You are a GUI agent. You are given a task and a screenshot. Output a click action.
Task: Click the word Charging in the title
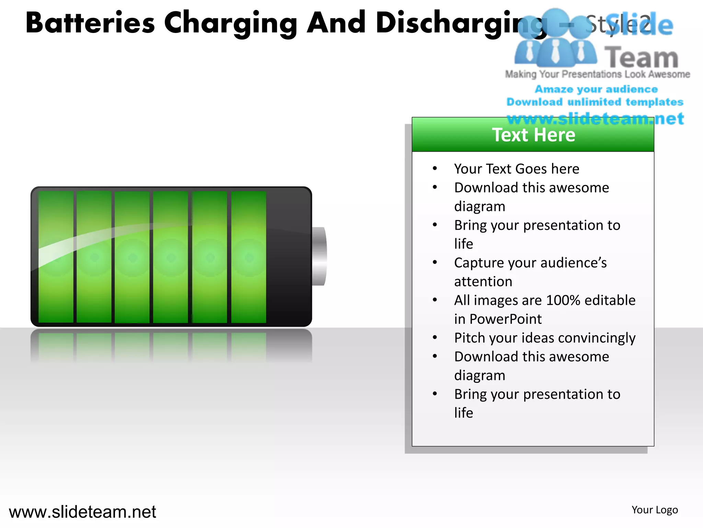pyautogui.click(x=230, y=23)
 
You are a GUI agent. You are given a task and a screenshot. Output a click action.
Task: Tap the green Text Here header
pyautogui.click(x=533, y=135)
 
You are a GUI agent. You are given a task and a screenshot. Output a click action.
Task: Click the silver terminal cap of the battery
pyautogui.click(x=319, y=256)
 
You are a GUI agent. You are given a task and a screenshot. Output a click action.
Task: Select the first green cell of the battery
pyautogui.click(x=56, y=257)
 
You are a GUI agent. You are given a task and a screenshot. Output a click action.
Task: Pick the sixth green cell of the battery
pyautogui.click(x=249, y=257)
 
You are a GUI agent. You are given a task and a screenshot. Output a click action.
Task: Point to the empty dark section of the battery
pyautogui.click(x=288, y=257)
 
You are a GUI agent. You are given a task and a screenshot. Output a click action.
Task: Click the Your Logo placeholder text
pyautogui.click(x=655, y=510)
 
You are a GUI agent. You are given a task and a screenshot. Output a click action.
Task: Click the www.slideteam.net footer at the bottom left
pyautogui.click(x=82, y=512)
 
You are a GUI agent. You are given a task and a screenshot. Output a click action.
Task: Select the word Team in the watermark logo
pyautogui.click(x=641, y=57)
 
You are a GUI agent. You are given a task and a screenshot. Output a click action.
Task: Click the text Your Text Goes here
pyautogui.click(x=517, y=169)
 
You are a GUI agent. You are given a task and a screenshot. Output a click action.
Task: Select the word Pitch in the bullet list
pyautogui.click(x=470, y=338)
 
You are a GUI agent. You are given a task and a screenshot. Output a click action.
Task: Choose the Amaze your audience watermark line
pyautogui.click(x=596, y=89)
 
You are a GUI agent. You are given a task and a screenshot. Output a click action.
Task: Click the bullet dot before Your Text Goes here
pyautogui.click(x=435, y=168)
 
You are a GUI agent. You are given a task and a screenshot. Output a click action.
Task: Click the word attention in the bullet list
pyautogui.click(x=483, y=282)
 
